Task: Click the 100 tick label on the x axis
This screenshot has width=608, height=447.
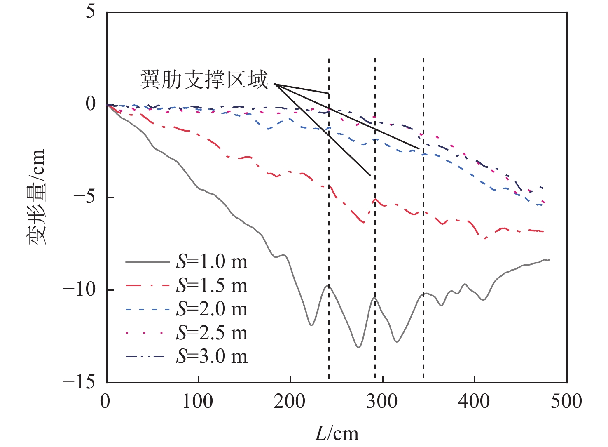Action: click(198, 401)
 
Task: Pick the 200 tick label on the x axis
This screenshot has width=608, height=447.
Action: click(290, 401)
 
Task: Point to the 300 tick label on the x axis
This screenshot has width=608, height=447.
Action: click(383, 401)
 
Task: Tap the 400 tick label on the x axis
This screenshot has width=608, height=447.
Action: click(475, 401)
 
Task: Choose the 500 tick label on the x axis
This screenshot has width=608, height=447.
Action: click(567, 401)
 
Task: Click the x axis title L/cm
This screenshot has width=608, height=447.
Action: click(337, 434)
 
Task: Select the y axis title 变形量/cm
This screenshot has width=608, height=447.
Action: click(37, 197)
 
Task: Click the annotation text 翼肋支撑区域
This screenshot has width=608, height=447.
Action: click(204, 80)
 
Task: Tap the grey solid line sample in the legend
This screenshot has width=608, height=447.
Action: click(147, 262)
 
